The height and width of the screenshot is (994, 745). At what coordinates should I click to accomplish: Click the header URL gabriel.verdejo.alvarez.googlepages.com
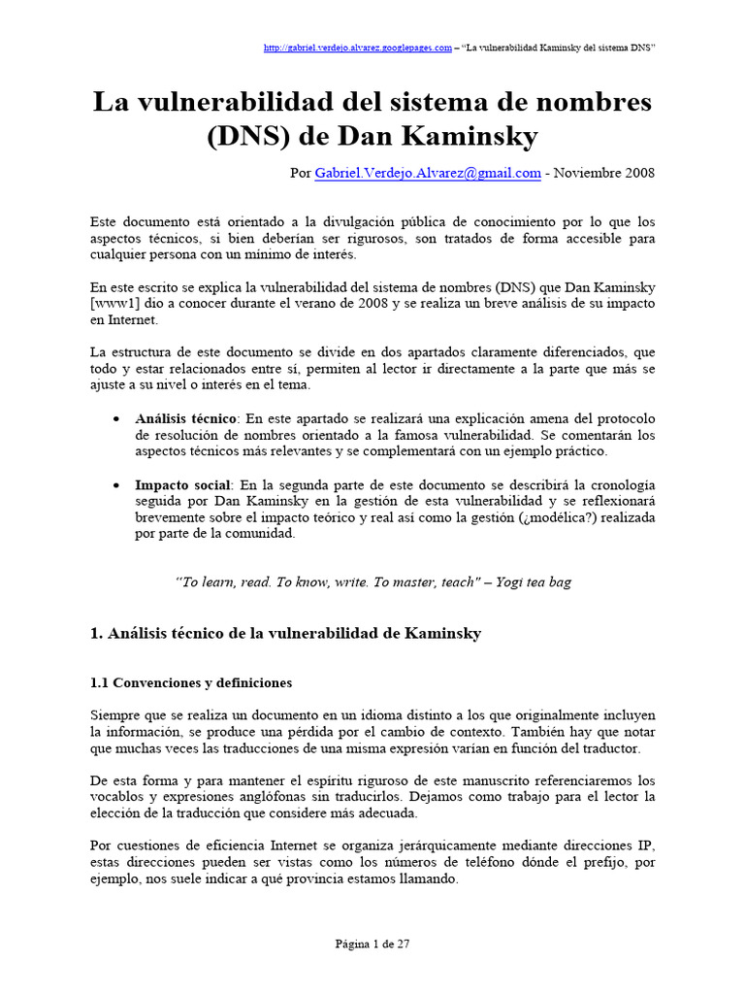pyautogui.click(x=358, y=48)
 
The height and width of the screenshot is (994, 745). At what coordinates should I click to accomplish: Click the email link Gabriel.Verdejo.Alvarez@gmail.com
pyautogui.click(x=428, y=173)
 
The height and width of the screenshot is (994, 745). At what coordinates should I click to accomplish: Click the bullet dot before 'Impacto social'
pyautogui.click(x=116, y=484)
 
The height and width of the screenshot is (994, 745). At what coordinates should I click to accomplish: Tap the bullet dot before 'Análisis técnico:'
pyautogui.click(x=116, y=417)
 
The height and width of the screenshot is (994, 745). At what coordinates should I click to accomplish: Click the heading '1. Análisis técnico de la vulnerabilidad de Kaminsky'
pyautogui.click(x=285, y=634)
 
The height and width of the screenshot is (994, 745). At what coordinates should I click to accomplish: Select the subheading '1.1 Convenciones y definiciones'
pyautogui.click(x=191, y=682)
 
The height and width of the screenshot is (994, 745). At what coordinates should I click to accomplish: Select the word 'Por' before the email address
pyautogui.click(x=301, y=173)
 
